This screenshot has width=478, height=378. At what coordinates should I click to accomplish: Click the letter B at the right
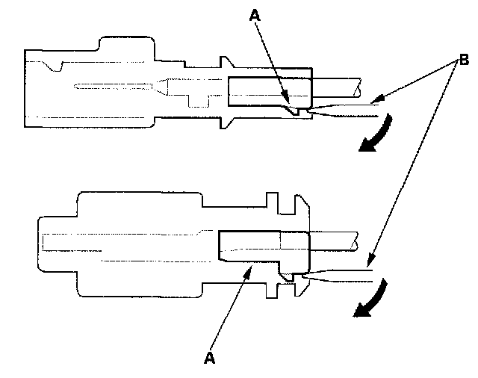(463, 58)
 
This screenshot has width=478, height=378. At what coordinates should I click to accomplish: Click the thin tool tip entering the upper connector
(344, 111)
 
